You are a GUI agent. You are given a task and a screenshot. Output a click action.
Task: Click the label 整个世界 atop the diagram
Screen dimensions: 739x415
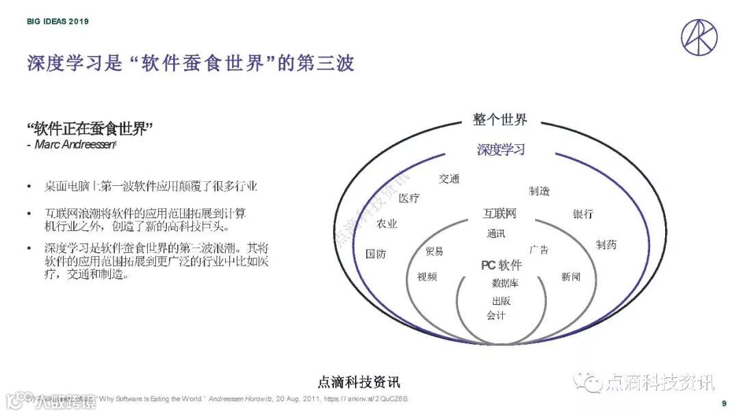pyautogui.click(x=500, y=120)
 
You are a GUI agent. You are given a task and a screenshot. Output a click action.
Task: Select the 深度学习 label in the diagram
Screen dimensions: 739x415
pyautogui.click(x=500, y=150)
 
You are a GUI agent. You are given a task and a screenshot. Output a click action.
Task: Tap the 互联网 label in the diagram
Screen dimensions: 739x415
pyautogui.click(x=500, y=214)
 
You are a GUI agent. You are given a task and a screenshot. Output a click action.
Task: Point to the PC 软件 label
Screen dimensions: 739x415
pyautogui.click(x=501, y=265)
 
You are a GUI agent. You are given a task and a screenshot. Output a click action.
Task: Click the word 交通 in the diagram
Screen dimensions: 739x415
pyautogui.click(x=449, y=179)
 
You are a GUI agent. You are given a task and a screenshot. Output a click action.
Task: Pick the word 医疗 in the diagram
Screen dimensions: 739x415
pyautogui.click(x=409, y=198)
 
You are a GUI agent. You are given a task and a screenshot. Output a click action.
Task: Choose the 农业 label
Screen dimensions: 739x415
pyautogui.click(x=387, y=224)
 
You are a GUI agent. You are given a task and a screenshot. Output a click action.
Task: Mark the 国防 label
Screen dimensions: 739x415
pyautogui.click(x=376, y=254)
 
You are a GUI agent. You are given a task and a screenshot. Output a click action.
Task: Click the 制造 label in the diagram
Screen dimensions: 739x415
pyautogui.click(x=539, y=191)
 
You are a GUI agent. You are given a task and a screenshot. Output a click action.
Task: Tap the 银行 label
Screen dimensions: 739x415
pyautogui.click(x=583, y=214)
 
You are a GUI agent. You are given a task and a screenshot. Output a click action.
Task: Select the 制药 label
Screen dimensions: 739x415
pyautogui.click(x=606, y=244)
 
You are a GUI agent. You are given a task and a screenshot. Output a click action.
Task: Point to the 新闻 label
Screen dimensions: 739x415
pyautogui.click(x=571, y=277)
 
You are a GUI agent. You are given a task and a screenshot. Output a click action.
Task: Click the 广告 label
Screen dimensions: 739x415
pyautogui.click(x=539, y=250)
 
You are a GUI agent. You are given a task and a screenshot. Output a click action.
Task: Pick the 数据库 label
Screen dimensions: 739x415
pyautogui.click(x=505, y=283)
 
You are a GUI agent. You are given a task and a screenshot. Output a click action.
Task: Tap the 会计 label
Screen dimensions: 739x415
pyautogui.click(x=495, y=315)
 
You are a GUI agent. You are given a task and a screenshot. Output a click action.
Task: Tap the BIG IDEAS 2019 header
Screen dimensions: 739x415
pyautogui.click(x=57, y=21)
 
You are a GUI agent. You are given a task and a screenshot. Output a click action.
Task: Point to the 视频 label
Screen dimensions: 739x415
pyautogui.click(x=427, y=277)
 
